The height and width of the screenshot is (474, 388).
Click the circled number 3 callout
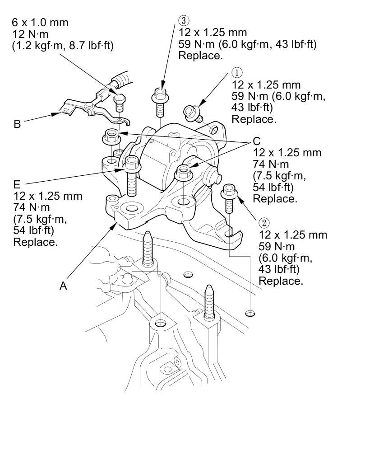pyautogui.click(x=184, y=20)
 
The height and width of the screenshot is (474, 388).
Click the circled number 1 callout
pyautogui.click(x=237, y=73)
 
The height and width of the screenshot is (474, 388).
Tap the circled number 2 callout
pyautogui.click(x=264, y=223)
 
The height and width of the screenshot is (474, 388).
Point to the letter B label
pyautogui.click(x=17, y=124)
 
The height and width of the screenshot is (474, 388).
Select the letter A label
pyautogui.click(x=63, y=286)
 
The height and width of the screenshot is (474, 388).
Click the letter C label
pyautogui.click(x=257, y=141)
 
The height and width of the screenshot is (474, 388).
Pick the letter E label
pyautogui.click(x=17, y=184)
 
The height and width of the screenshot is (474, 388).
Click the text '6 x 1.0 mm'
pyautogui.click(x=40, y=23)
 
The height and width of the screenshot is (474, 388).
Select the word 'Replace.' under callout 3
pyautogui.click(x=201, y=56)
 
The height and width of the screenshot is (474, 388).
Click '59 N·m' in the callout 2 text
pyautogui.click(x=277, y=247)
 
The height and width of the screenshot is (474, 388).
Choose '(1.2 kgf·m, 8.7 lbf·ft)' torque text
pyautogui.click(x=63, y=45)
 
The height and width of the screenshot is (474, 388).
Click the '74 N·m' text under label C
pyautogui.click(x=272, y=164)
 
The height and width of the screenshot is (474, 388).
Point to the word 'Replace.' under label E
pyautogui.click(x=35, y=242)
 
